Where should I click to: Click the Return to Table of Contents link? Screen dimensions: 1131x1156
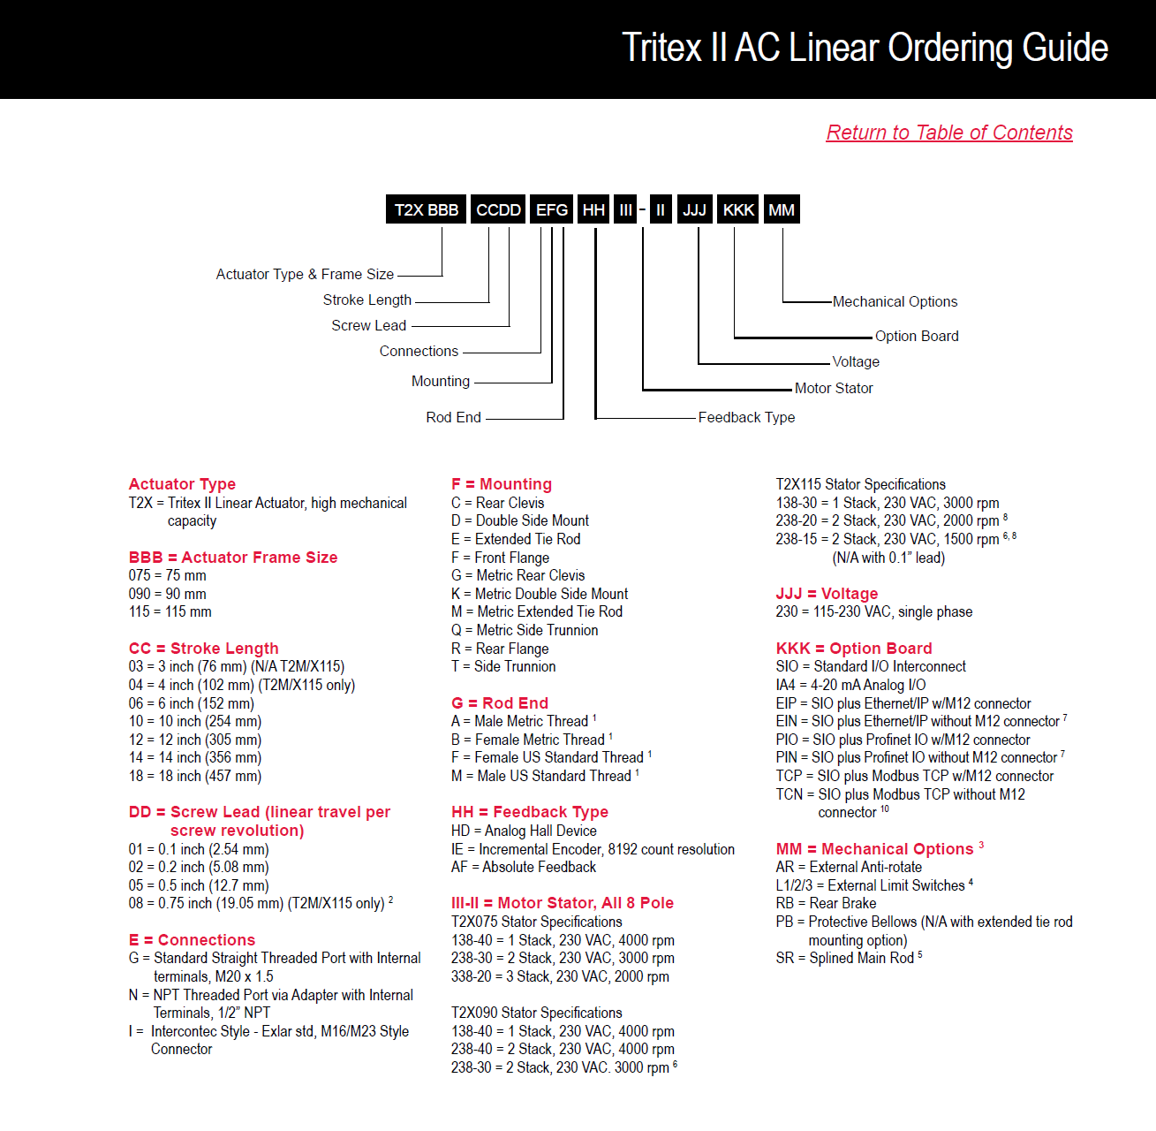coord(949,133)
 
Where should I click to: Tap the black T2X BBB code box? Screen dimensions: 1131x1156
coord(426,209)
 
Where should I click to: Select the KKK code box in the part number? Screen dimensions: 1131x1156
coord(738,209)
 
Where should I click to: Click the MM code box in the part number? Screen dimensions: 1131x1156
coord(782,209)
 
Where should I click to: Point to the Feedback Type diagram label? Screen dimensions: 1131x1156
coord(746,417)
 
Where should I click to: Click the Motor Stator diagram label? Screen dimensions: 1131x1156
coord(833,388)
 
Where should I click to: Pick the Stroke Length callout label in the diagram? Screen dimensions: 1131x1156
coord(366,300)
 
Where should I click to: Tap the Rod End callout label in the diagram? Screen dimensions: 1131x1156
coord(453,417)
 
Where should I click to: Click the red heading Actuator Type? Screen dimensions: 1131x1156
coord(182,484)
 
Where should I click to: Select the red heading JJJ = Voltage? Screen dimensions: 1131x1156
coord(827,594)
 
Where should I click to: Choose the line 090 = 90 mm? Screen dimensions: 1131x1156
coord(167,594)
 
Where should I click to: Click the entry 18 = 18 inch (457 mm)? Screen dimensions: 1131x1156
coord(194,776)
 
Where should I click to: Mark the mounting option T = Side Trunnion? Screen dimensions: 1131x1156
coord(503,666)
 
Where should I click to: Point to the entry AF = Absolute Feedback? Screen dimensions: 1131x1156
coord(523,867)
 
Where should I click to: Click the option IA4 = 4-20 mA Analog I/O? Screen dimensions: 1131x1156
coord(850,685)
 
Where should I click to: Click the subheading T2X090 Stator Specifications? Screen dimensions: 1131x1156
coord(536,1013)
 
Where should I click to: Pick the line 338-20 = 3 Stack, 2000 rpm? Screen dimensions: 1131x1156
coord(560,976)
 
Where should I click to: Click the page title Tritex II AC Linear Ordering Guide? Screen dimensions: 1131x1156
coord(865,48)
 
